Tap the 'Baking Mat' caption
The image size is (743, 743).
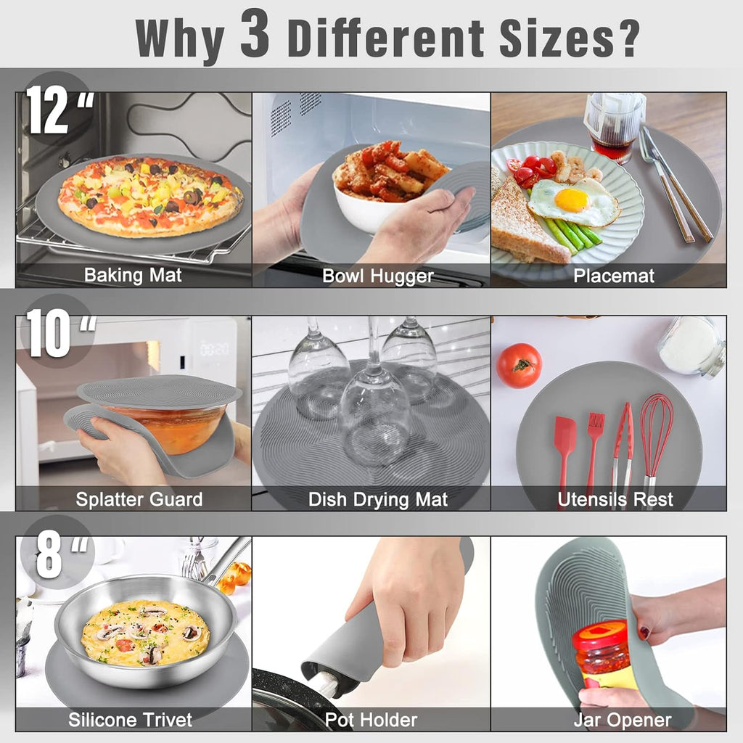133,276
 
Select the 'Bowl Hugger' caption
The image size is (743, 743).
377,276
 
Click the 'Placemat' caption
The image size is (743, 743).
614,276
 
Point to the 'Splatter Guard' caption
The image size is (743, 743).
139,499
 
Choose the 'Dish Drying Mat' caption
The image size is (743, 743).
378,499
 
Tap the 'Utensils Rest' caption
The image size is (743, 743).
615,499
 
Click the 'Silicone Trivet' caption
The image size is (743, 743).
131,720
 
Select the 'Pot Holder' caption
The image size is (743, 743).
371,720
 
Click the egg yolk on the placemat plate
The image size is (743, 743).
571,200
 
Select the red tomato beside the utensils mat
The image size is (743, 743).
519,365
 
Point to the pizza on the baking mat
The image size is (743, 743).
149,196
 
